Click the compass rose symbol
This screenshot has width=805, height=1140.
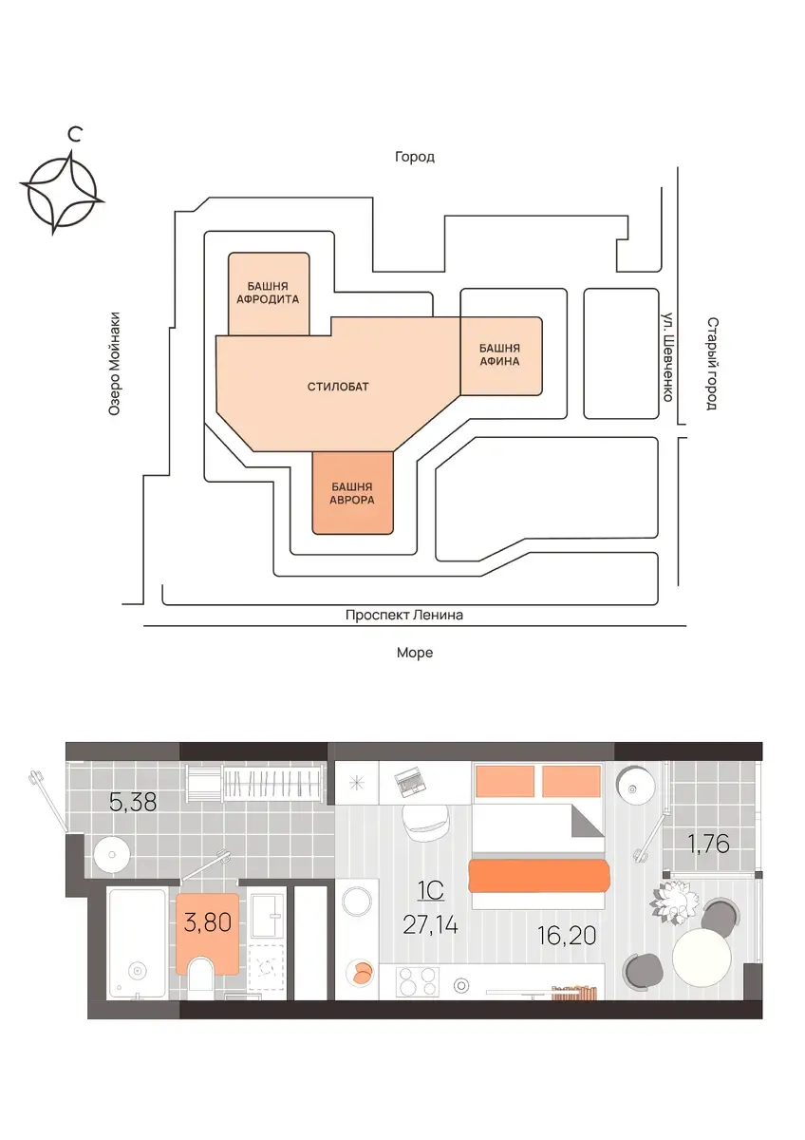62,191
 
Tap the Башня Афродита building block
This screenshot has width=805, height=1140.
269,294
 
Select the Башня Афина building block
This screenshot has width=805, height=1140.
501,355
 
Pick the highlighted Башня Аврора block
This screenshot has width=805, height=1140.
352,493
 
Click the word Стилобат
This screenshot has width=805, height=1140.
338,387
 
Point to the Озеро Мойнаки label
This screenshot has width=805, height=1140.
115,363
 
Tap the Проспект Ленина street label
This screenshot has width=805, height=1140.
404,615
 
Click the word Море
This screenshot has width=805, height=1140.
415,653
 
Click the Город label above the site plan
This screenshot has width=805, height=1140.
415,157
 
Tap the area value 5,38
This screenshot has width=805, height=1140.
133,803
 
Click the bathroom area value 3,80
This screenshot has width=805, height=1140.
208,922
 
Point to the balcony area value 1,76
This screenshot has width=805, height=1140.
708,844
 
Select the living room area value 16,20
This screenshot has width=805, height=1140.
567,936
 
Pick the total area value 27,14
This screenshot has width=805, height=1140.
430,924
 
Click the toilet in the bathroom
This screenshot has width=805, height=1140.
201,974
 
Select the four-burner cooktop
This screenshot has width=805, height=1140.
417,980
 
